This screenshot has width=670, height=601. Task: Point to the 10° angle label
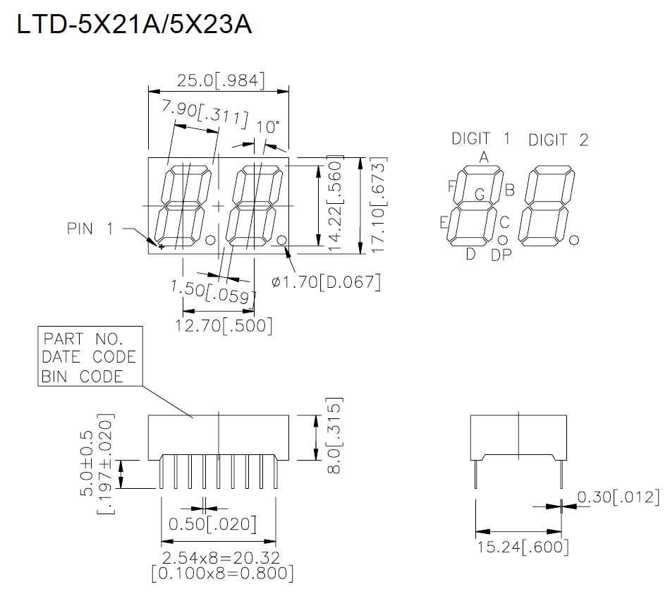click(268, 127)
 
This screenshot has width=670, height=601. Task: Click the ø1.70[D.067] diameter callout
click(327, 283)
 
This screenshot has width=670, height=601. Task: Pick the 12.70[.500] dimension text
click(224, 325)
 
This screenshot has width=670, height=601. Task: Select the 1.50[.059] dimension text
click(212, 292)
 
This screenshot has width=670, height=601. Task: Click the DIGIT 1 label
click(481, 138)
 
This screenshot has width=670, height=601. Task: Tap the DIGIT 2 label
click(559, 140)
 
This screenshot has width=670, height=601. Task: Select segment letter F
click(451, 186)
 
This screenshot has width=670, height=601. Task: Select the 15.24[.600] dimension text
click(522, 547)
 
